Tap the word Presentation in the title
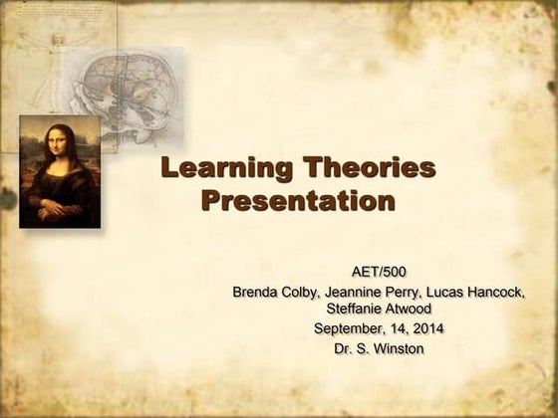298,201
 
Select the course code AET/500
379,271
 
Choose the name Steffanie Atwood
379,310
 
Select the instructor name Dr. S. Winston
379,348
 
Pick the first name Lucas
443,292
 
